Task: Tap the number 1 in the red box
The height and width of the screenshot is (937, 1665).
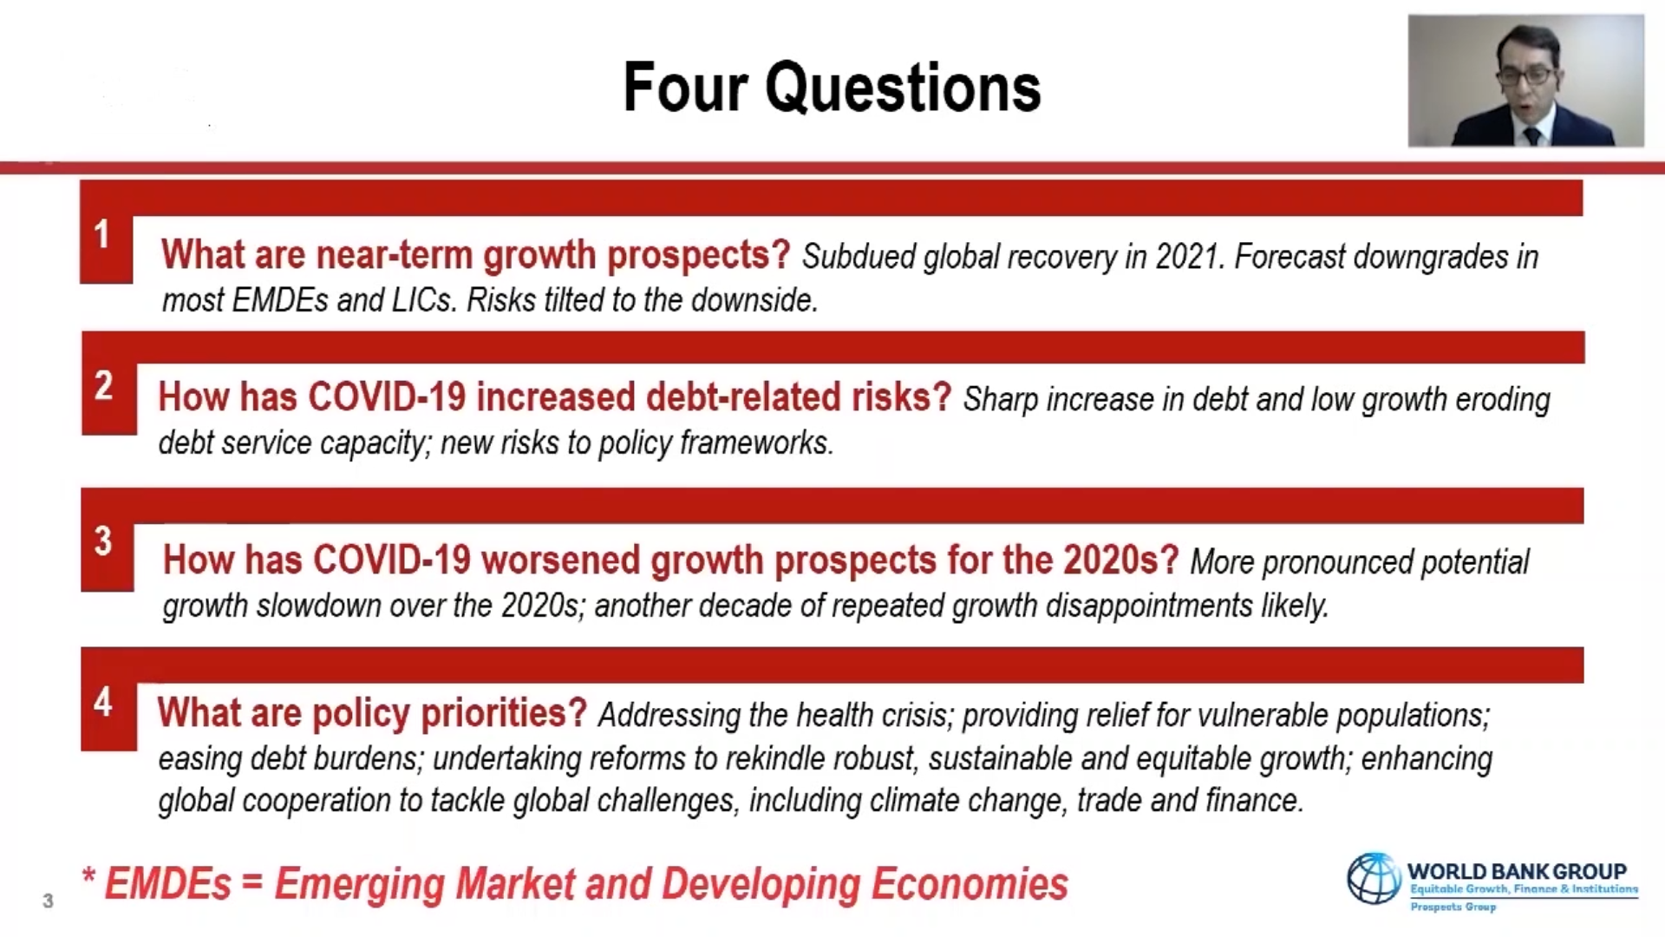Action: (102, 234)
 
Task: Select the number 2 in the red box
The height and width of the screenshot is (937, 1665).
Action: (104, 385)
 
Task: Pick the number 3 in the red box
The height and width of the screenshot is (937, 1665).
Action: (103, 541)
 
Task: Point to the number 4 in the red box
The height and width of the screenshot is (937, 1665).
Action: (103, 701)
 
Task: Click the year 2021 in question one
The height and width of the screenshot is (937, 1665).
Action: (1190, 257)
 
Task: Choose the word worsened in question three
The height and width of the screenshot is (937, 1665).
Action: (560, 560)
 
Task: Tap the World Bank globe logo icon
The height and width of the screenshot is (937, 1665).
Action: (1374, 878)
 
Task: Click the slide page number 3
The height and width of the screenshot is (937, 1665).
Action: (48, 901)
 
